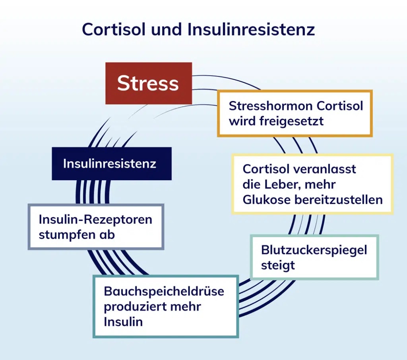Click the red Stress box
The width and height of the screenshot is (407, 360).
(148, 83)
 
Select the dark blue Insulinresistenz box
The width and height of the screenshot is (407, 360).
(112, 163)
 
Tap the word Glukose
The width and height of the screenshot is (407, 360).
(267, 199)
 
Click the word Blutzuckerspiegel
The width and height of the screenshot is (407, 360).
(314, 250)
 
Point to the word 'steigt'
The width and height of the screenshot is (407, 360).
(278, 265)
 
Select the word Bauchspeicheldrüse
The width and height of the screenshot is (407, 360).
(164, 291)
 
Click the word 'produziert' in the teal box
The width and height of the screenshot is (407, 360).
(131, 307)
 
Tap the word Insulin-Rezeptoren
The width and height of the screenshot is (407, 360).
(95, 220)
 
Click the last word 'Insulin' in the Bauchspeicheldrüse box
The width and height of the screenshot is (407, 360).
(123, 322)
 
